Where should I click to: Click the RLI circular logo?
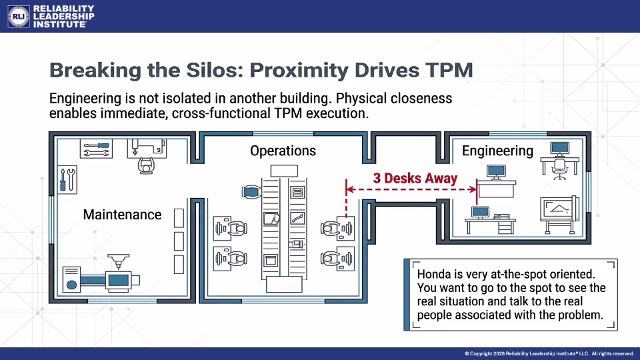pyautogui.click(x=19, y=16)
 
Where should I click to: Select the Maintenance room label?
pyautogui.click(x=122, y=215)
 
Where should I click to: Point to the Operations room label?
pyautogui.click(x=283, y=151)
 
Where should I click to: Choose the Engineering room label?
pyautogui.click(x=497, y=151)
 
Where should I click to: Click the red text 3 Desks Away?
pyautogui.click(x=415, y=179)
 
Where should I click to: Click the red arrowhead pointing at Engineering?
pyautogui.click(x=473, y=189)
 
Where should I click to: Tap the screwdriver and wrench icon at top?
pyautogui.click(x=96, y=149)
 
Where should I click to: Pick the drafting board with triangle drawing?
pyautogui.click(x=559, y=214)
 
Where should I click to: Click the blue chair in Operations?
pyautogui.click(x=251, y=192)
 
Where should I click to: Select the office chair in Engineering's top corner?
pyautogui.click(x=559, y=169)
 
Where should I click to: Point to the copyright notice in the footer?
pyautogui.click(x=549, y=353)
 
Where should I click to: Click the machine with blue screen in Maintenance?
pyautogui.click(x=101, y=274)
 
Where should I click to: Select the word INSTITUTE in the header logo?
pyautogui.click(x=59, y=24)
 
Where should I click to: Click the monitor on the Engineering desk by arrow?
pyautogui.click(x=496, y=172)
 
